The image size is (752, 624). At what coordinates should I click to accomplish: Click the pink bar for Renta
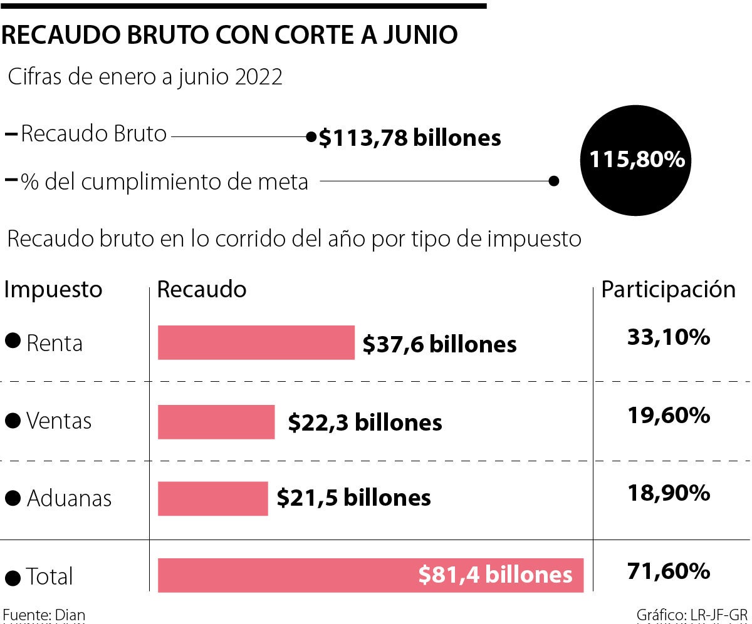pyautogui.click(x=256, y=342)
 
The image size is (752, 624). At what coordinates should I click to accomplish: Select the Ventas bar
pyautogui.click(x=216, y=421)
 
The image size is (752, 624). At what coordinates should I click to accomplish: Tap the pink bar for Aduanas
pyautogui.click(x=212, y=498)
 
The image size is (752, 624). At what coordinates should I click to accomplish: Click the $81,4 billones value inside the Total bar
pyautogui.click(x=495, y=575)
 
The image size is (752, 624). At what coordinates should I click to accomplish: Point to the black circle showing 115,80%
pyautogui.click(x=636, y=160)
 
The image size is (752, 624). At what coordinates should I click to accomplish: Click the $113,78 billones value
pyautogui.click(x=410, y=138)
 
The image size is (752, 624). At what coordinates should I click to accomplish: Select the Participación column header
pyautogui.click(x=669, y=289)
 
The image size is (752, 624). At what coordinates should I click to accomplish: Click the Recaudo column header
pyautogui.click(x=202, y=289)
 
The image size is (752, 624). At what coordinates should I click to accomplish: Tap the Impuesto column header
pyautogui.click(x=53, y=289)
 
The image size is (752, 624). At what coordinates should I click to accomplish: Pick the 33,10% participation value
pyautogui.click(x=668, y=338)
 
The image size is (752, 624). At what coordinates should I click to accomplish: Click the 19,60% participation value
pyautogui.click(x=668, y=415)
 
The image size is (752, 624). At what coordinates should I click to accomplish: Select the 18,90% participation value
pyautogui.click(x=668, y=493)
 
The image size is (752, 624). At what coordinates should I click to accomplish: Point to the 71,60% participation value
pyautogui.click(x=668, y=571)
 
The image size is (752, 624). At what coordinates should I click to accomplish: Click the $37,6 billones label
pyautogui.click(x=440, y=344)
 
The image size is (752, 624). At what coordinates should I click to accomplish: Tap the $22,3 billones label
pyautogui.click(x=365, y=422)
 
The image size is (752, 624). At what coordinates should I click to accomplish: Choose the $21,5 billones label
pyautogui.click(x=354, y=498)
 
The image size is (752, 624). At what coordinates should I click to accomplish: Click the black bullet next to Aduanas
pyautogui.click(x=12, y=498)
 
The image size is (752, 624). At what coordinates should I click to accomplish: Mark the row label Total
pyautogui.click(x=50, y=576)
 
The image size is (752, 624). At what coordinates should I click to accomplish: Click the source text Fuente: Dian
pyautogui.click(x=44, y=615)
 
